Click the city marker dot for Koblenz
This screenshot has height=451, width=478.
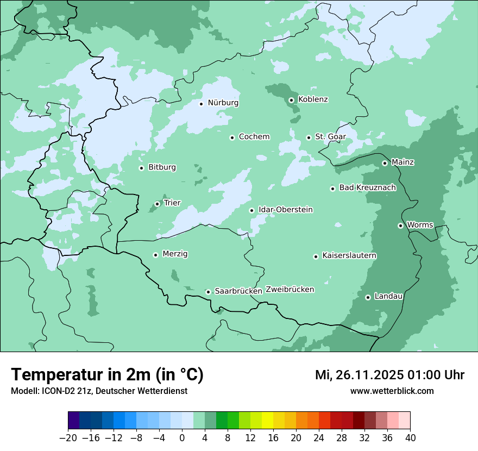point(291,100)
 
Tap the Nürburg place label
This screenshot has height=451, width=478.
point(223,103)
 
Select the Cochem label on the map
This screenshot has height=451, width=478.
point(254,137)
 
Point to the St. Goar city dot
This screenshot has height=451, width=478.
point(309,137)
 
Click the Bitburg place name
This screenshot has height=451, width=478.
point(162,167)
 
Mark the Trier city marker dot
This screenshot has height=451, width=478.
point(157,204)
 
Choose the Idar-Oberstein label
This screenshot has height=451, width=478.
point(285,210)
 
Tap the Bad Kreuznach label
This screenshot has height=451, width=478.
point(367,187)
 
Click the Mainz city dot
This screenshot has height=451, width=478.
point(385,163)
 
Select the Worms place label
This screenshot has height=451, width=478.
point(420,225)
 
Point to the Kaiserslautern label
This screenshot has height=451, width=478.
point(349,255)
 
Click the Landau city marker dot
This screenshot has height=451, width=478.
point(368,297)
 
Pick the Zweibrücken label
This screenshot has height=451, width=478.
point(290,290)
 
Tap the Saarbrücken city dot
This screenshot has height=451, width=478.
point(208,292)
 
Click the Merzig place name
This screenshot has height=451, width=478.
point(175,254)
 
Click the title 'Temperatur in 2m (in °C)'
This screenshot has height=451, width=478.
point(107,375)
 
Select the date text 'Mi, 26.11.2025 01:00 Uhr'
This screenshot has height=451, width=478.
point(389,375)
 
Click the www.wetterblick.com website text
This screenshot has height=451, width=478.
point(392,391)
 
